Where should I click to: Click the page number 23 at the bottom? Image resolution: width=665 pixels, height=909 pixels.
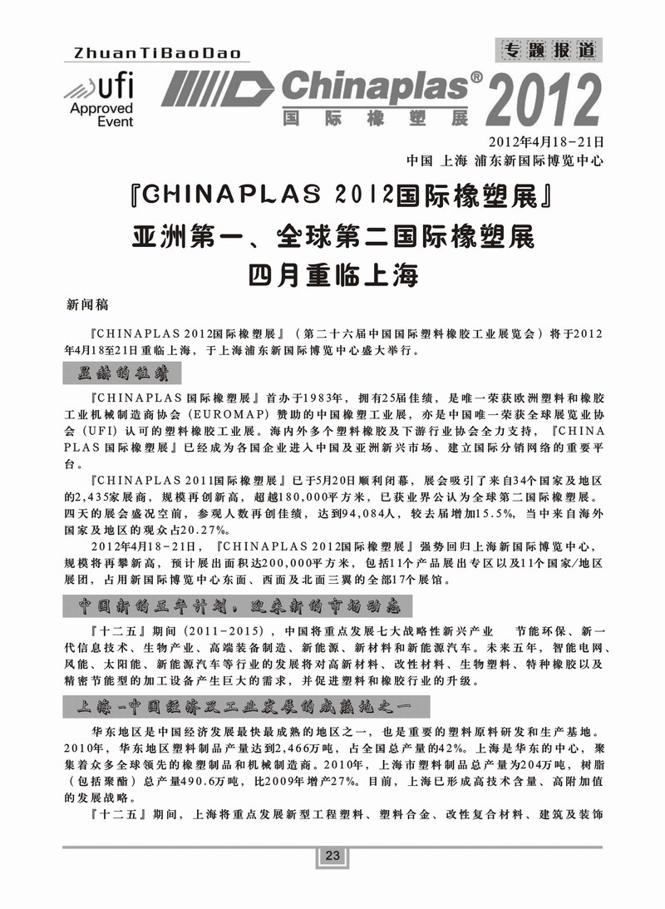point(332,857)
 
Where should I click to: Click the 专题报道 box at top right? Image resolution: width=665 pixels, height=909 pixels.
point(549,50)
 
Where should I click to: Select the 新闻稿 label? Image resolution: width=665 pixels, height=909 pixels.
point(87,304)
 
